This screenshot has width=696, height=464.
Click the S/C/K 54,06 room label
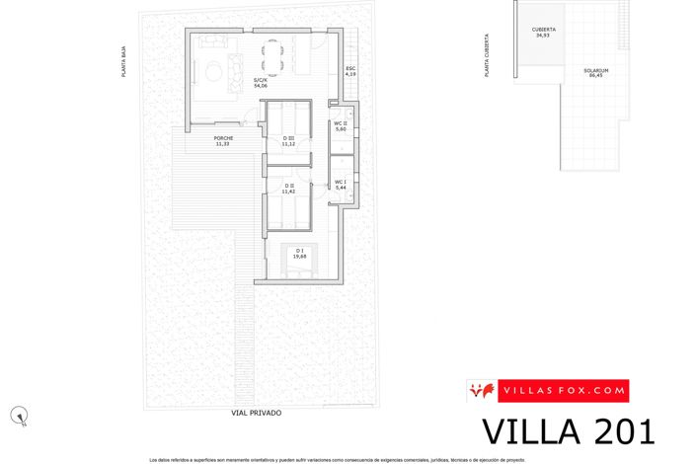[x=261, y=83]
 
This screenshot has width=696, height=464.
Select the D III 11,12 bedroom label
[x=288, y=141]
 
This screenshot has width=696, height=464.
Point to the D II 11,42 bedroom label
[x=289, y=188]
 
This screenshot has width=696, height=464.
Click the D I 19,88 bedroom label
[x=300, y=253]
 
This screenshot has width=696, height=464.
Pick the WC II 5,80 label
[x=340, y=127]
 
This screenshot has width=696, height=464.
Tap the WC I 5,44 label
[x=340, y=184]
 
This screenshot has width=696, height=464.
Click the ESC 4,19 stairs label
[x=349, y=71]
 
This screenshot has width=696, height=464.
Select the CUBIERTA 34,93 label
[x=543, y=33]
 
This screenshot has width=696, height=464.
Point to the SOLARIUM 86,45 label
[x=595, y=73]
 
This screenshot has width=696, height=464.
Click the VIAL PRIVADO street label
[x=256, y=413]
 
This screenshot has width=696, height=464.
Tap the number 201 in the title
[x=617, y=432]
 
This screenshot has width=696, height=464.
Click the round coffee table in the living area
[x=211, y=69]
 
